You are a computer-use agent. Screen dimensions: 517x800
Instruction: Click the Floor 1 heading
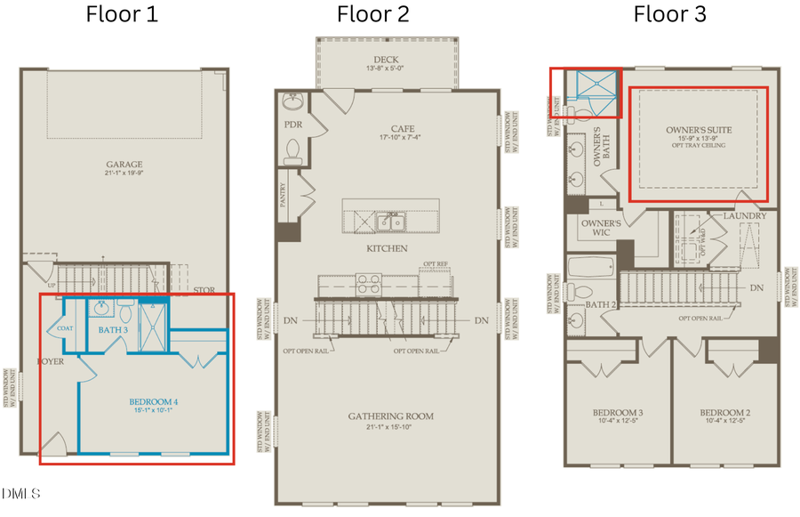(x=122, y=14)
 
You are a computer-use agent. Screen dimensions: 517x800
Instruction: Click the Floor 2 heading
(x=372, y=14)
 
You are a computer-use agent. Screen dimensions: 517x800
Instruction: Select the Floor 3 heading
(x=669, y=14)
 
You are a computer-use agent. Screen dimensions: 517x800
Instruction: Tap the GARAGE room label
(x=124, y=165)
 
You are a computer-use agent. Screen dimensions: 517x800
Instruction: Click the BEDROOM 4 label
(x=153, y=402)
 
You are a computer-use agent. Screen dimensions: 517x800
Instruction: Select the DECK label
(x=385, y=58)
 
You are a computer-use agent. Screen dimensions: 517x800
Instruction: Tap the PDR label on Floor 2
(x=293, y=125)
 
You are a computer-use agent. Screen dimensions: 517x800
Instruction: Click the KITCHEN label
(x=386, y=247)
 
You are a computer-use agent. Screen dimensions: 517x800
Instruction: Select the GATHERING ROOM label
(x=390, y=416)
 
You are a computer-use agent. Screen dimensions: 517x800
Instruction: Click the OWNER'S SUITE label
(x=699, y=131)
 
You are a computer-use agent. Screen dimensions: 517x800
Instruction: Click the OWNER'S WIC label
(x=600, y=227)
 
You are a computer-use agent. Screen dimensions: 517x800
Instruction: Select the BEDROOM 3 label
(x=618, y=413)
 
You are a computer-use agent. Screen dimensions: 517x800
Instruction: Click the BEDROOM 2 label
(x=724, y=413)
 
